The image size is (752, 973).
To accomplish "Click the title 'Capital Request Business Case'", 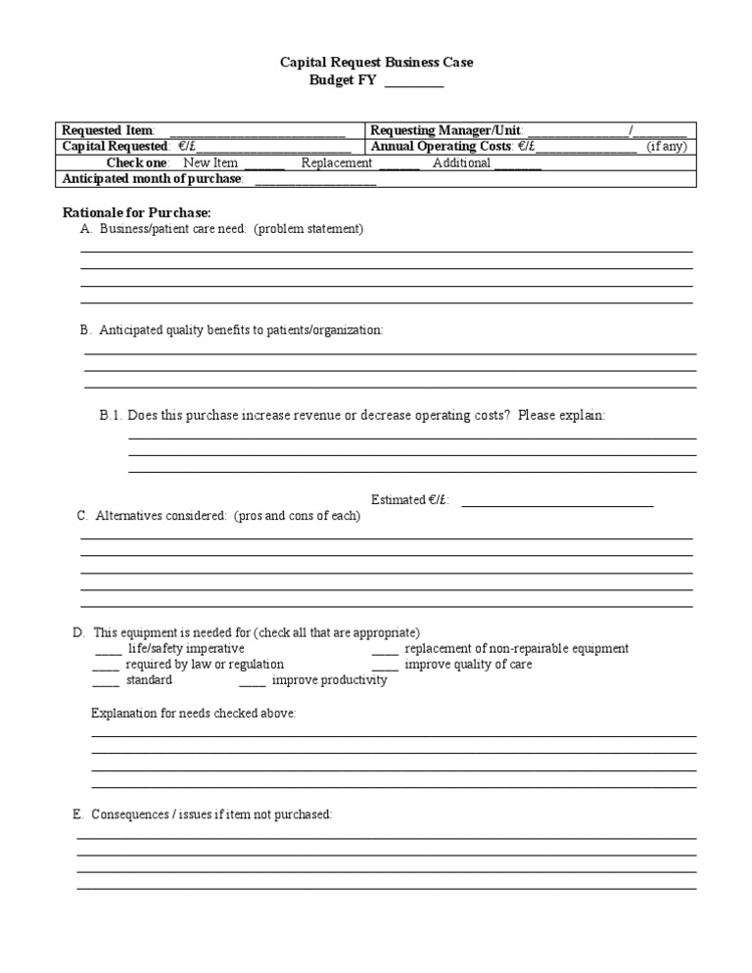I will pyautogui.click(x=377, y=63).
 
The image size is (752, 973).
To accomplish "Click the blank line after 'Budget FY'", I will pyautogui.click(x=413, y=82).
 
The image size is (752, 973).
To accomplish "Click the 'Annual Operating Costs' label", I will pyautogui.click(x=441, y=147).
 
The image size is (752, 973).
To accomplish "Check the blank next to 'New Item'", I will pyautogui.click(x=264, y=164).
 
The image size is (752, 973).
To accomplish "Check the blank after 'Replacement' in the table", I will pyautogui.click(x=399, y=164).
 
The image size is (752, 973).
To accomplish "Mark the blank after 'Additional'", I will pyautogui.click(x=518, y=164).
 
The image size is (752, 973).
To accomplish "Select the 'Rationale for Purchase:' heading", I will pyautogui.click(x=137, y=212).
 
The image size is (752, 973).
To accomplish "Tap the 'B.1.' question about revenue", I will pyautogui.click(x=352, y=416).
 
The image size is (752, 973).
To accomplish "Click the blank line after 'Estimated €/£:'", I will pyautogui.click(x=556, y=501).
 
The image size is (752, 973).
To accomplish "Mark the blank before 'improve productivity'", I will pyautogui.click(x=252, y=681).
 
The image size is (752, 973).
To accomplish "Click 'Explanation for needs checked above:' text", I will pyautogui.click(x=194, y=714).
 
